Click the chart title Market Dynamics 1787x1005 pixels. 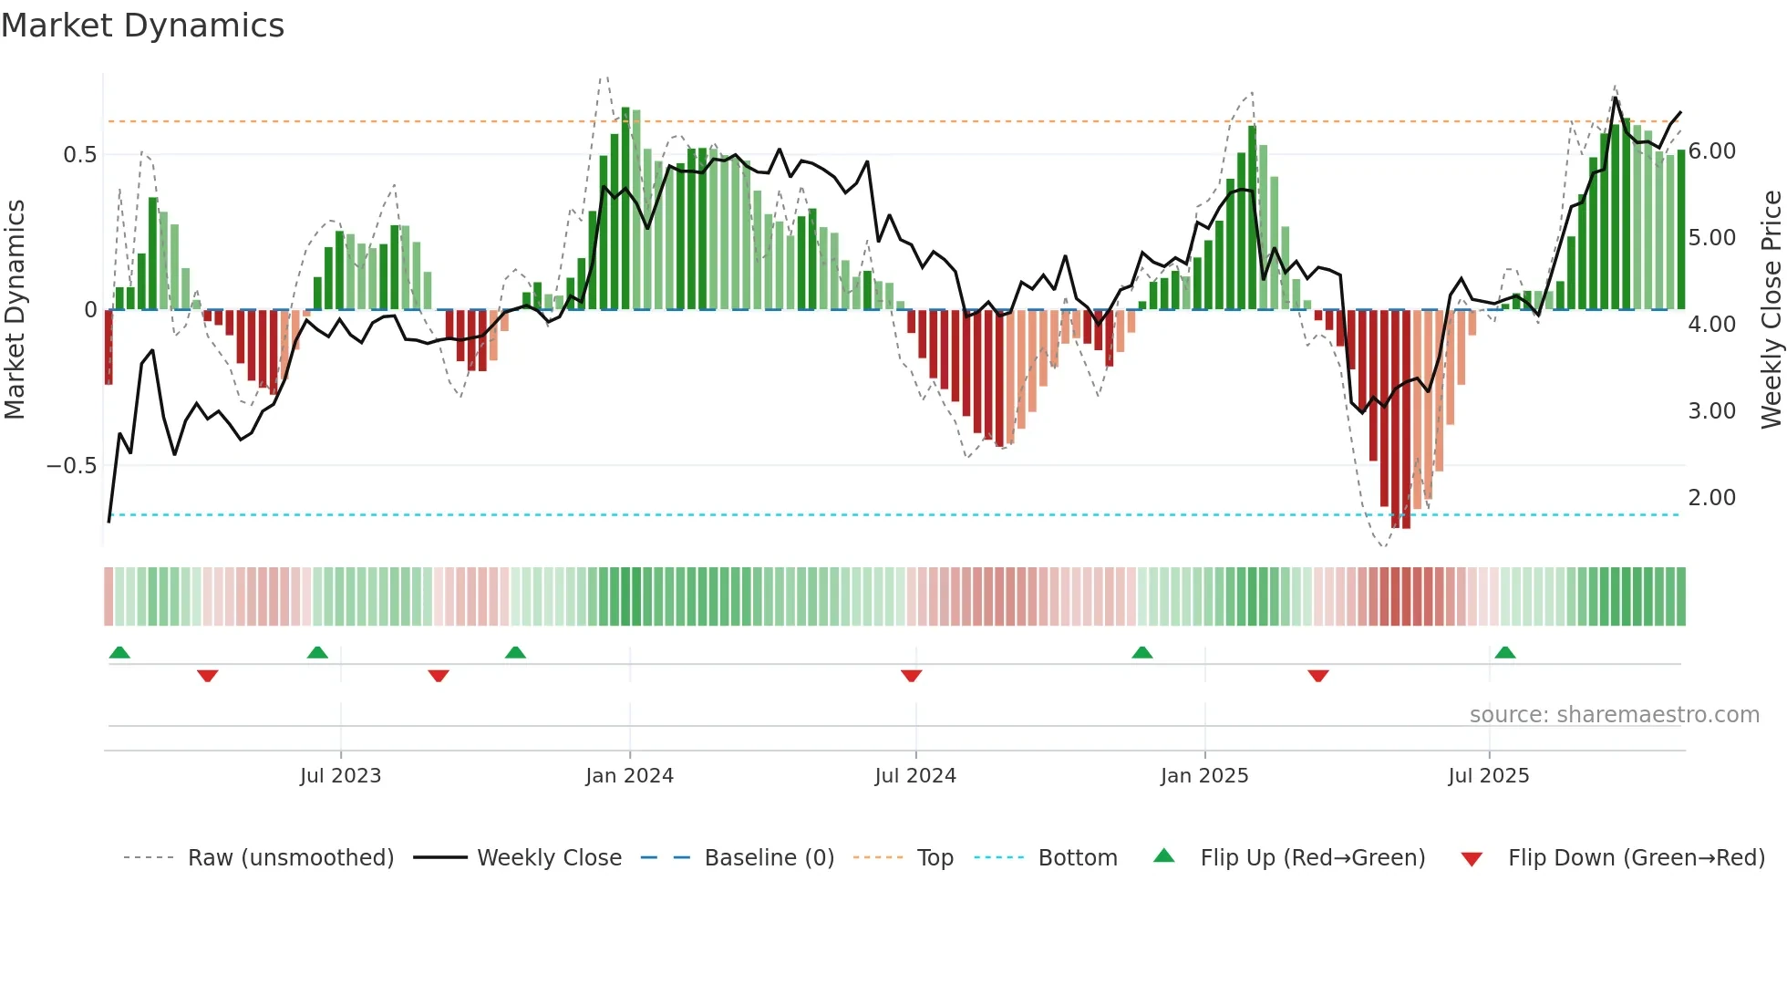[x=142, y=26]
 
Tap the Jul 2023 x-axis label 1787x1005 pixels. [x=340, y=776]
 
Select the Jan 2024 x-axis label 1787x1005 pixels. [x=629, y=776]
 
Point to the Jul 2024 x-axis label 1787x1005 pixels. [x=915, y=776]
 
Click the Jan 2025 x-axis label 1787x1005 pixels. [x=1204, y=776]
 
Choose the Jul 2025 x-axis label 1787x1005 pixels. [x=1489, y=776]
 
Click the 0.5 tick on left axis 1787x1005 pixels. [x=80, y=155]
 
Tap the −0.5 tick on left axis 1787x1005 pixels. [x=72, y=466]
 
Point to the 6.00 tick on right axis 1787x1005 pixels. [x=1712, y=151]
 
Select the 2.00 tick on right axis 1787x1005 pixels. [x=1712, y=498]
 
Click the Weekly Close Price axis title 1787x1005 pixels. [x=1771, y=310]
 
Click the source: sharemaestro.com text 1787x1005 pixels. [x=1614, y=715]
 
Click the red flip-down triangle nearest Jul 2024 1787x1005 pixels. [x=911, y=676]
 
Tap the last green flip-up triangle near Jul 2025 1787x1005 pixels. [x=1505, y=652]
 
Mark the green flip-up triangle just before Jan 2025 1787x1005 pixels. [x=1142, y=652]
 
